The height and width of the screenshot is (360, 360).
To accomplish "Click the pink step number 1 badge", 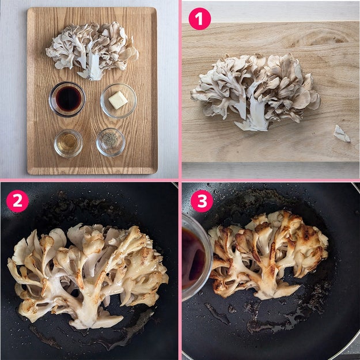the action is coord(199,18).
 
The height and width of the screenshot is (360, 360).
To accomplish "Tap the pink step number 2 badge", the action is coord(17,201).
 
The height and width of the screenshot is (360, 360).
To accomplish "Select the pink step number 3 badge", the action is coord(202,201).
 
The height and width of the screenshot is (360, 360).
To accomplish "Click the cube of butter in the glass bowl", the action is coord(118,100).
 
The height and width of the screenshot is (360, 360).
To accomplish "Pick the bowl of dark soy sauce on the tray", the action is coord(67,99).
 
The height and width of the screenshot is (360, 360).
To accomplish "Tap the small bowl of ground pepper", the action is coord(111,142).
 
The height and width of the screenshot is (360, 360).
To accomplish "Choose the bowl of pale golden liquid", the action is coord(68,143).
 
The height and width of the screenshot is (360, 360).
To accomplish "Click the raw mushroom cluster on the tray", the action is coord(92,51).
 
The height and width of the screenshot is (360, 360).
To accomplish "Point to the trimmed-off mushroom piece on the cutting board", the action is coord(342,134).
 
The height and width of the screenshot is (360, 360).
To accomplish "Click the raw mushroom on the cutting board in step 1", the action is coord(255,92).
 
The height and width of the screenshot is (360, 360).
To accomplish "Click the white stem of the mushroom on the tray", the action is coord(92,68).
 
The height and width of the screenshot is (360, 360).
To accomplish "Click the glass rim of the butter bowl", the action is coord(119,84).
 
